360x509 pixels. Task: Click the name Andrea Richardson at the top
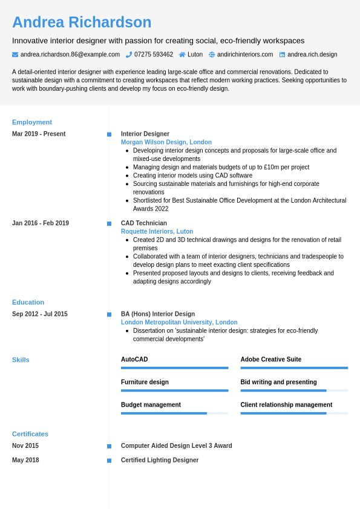click(82, 22)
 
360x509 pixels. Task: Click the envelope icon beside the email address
click(15, 54)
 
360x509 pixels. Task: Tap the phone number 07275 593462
click(153, 54)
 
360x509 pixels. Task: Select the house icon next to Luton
click(182, 54)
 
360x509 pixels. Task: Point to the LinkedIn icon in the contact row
click(282, 54)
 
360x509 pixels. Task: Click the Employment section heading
click(32, 122)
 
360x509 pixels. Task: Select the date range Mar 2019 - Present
click(39, 134)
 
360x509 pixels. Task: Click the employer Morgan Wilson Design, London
click(166, 142)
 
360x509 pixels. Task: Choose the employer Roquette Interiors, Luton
click(157, 231)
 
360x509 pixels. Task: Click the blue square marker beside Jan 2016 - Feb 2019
click(109, 223)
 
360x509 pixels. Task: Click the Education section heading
click(28, 303)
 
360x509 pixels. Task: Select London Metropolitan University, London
click(179, 323)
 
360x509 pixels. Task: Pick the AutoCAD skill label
click(134, 360)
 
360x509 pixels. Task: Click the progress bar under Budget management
click(174, 413)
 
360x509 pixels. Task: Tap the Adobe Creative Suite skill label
click(270, 360)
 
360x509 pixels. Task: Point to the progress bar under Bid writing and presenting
click(294, 390)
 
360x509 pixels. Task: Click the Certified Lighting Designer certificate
click(160, 460)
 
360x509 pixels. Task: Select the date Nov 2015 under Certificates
click(25, 445)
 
